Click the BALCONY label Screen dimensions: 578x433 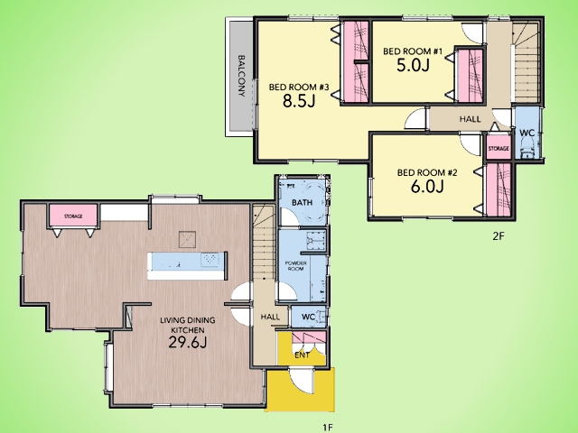click(x=241, y=76)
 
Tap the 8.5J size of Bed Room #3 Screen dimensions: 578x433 click(x=299, y=100)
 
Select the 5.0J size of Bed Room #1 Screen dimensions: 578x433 click(x=413, y=65)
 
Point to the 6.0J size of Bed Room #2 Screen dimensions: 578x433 click(x=427, y=187)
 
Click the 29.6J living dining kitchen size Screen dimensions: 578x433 click(x=187, y=342)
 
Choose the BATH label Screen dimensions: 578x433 click(x=302, y=202)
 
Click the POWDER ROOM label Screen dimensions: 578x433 click(x=295, y=266)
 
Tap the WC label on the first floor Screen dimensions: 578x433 click(x=308, y=317)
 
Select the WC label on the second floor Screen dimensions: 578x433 click(x=527, y=133)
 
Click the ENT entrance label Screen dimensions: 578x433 click(x=302, y=355)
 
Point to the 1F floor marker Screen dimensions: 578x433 click(x=328, y=427)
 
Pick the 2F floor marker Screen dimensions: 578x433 click(x=498, y=236)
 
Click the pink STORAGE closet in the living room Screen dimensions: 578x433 click(x=73, y=216)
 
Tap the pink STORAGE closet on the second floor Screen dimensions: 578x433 click(x=499, y=148)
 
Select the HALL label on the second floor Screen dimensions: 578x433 click(x=470, y=119)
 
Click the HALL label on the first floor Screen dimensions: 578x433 click(x=270, y=317)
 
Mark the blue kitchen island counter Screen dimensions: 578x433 click(x=186, y=262)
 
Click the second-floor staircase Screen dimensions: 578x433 click(x=526, y=62)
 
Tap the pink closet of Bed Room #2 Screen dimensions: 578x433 click(x=499, y=189)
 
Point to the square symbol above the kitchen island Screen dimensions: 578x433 click(x=187, y=240)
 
